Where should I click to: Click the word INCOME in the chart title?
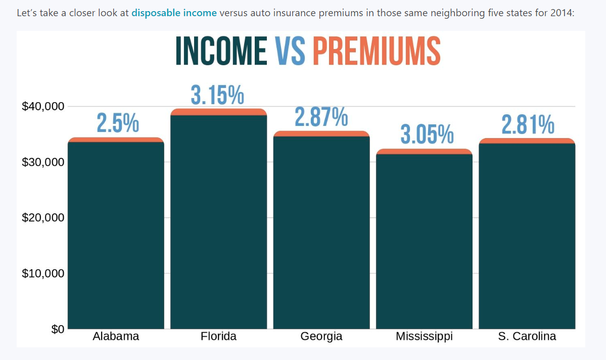[221, 51]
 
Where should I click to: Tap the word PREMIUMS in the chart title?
[376, 51]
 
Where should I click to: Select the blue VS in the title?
[290, 51]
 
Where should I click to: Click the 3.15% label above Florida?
[217, 96]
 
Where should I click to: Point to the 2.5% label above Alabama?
[118, 124]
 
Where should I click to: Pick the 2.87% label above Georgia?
[321, 118]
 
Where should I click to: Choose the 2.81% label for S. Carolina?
[528, 125]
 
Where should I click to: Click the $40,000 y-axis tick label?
[43, 107]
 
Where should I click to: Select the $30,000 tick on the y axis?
[43, 162]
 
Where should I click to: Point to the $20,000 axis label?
[43, 218]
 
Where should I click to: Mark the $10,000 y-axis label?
[43, 274]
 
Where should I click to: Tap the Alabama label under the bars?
[116, 336]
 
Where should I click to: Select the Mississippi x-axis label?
[424, 336]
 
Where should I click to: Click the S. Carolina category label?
[527, 336]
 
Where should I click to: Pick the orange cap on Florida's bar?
[218, 112]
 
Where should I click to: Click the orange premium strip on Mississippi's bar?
[424, 152]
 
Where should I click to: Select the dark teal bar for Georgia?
[321, 233]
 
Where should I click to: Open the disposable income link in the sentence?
[174, 13]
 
